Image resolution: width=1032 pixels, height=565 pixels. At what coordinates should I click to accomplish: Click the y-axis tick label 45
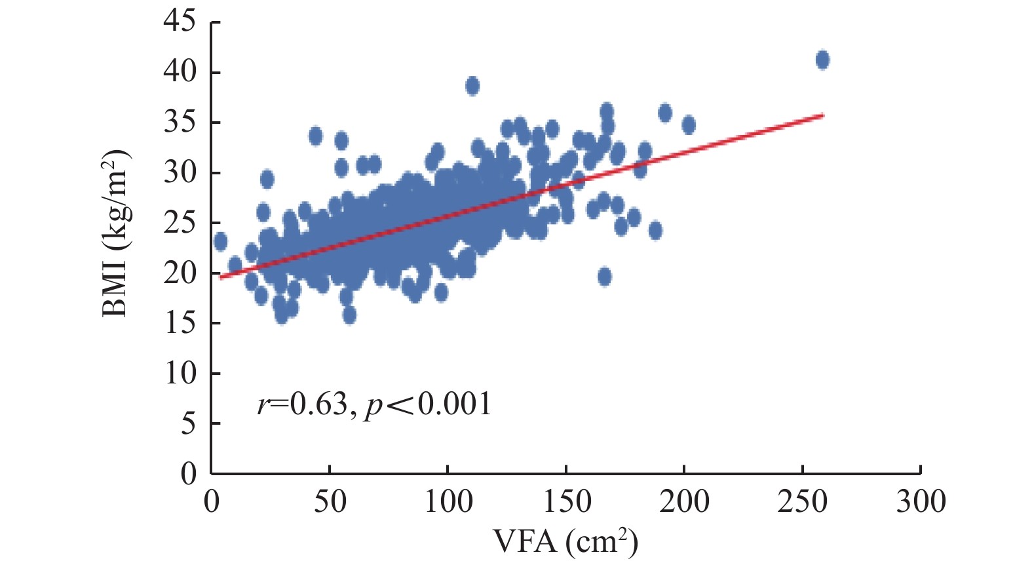(179, 21)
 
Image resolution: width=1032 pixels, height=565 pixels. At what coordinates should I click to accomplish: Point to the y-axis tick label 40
(179, 71)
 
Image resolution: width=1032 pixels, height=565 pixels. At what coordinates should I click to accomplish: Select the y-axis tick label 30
(179, 172)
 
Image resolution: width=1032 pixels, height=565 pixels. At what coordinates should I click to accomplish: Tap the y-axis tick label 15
(179, 323)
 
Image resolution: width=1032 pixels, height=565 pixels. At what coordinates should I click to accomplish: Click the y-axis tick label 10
(179, 374)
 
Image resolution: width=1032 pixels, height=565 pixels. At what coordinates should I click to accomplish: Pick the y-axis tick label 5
(187, 424)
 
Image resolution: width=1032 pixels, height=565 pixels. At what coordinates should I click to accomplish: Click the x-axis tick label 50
(330, 502)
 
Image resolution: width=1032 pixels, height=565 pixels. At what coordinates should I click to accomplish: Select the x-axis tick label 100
(448, 502)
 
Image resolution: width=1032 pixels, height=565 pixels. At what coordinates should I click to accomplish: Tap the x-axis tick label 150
(566, 502)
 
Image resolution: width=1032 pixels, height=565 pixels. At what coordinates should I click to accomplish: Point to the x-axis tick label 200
(684, 502)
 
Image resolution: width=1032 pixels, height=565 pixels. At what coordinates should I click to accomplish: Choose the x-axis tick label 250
(802, 502)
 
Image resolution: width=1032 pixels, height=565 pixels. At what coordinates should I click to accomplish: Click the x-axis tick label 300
(921, 502)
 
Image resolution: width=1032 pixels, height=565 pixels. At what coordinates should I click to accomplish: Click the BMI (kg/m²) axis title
(117, 233)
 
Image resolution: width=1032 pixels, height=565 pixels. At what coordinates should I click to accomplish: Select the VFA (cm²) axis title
(565, 541)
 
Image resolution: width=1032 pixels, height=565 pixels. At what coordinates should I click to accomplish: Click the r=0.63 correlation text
(301, 404)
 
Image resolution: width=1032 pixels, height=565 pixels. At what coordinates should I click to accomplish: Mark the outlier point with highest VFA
(822, 60)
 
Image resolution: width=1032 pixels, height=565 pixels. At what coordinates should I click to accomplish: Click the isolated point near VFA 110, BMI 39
(472, 86)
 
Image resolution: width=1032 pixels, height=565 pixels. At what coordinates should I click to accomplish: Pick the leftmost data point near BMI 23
(220, 242)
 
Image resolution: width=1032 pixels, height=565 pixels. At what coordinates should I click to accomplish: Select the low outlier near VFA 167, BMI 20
(604, 277)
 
